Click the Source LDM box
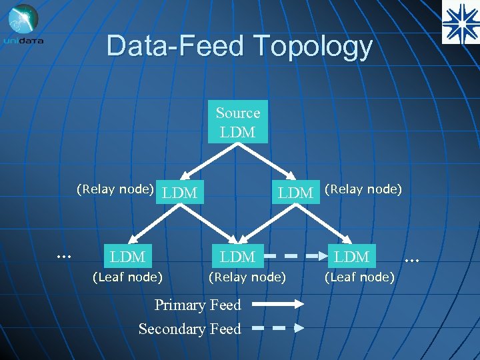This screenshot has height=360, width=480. [238, 122]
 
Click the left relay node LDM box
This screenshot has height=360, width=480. [180, 193]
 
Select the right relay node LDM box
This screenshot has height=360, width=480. [295, 193]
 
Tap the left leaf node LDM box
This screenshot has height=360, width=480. [128, 257]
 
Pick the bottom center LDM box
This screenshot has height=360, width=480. [238, 257]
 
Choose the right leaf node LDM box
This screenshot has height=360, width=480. [352, 257]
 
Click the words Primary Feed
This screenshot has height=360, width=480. [197, 305]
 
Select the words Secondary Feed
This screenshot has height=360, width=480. [189, 329]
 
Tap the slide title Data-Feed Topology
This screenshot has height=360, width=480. [239, 46]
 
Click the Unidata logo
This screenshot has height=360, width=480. [23, 24]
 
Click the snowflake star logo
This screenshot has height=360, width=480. [461, 22]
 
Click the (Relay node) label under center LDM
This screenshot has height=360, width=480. [247, 276]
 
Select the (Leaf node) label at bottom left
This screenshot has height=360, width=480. [127, 276]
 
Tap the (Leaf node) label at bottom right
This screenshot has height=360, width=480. [359, 276]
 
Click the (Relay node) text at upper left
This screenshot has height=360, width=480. [115, 189]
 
